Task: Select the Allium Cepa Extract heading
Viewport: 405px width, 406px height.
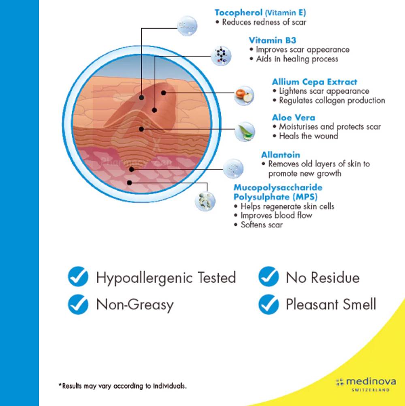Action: pyautogui.click(x=315, y=82)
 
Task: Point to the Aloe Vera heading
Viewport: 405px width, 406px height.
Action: pyautogui.click(x=294, y=118)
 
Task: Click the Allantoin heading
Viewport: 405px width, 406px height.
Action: pyautogui.click(x=281, y=155)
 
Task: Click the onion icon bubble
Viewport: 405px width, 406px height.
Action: pyautogui.click(x=244, y=96)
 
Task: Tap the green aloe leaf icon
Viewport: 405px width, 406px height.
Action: pyautogui.click(x=244, y=131)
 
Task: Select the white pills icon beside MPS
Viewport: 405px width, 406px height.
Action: pyautogui.click(x=205, y=201)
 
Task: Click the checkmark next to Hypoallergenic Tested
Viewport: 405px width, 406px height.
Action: pyautogui.click(x=78, y=277)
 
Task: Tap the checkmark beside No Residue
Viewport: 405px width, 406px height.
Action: pyautogui.click(x=269, y=277)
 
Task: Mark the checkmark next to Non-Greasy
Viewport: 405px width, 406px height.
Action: pyautogui.click(x=78, y=304)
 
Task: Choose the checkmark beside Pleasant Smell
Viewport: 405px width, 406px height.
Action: pyautogui.click(x=269, y=304)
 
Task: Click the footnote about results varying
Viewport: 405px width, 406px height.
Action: pyautogui.click(x=123, y=385)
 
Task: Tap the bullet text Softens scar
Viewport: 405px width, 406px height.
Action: pyautogui.click(x=261, y=224)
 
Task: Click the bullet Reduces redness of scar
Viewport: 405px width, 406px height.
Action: pyautogui.click(x=264, y=22)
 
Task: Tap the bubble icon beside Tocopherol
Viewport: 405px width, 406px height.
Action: pyautogui.click(x=187, y=25)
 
